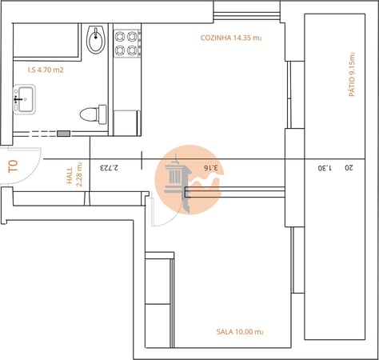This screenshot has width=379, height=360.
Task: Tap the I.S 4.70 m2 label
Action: coord(46,70)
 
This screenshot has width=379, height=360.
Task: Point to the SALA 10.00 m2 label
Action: coord(240,331)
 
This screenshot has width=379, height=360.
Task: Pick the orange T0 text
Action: coord(13,167)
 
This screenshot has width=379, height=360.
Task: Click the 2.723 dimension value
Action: coord(109,168)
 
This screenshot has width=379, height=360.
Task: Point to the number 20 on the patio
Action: coord(348,168)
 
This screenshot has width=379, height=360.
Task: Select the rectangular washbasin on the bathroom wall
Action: coord(22,101)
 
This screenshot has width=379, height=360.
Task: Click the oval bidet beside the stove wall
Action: coord(97,40)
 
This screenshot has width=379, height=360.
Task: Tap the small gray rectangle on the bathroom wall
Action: coord(62,133)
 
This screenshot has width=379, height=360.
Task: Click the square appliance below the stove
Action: coord(126,122)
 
